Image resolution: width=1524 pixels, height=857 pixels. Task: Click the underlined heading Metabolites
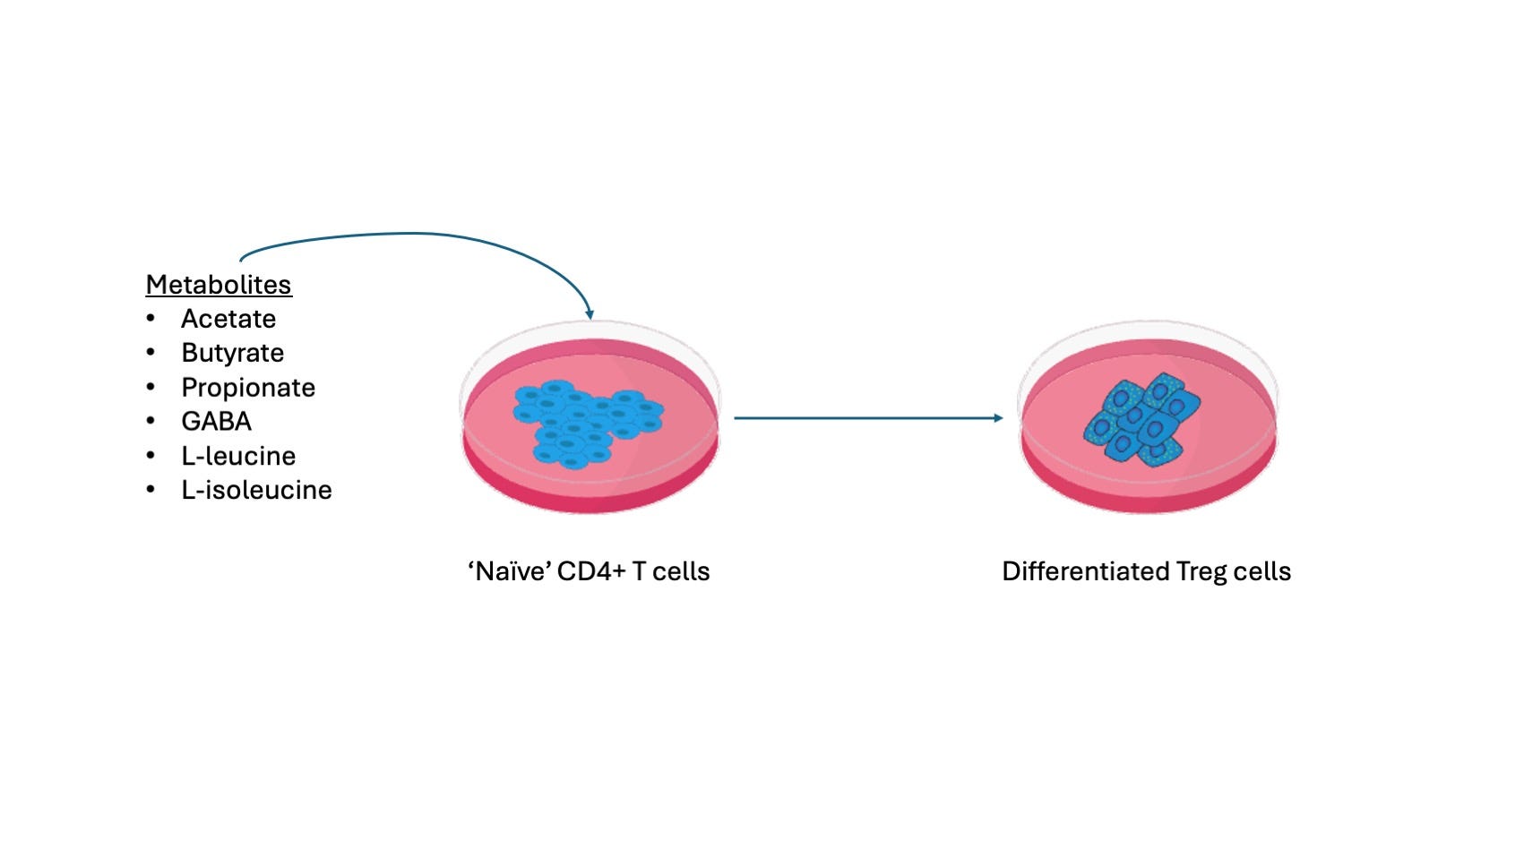click(219, 285)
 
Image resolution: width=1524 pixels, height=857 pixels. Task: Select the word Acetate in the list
click(228, 319)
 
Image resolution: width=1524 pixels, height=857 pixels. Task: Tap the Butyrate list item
click(232, 353)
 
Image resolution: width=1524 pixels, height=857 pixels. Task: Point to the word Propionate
click(248, 388)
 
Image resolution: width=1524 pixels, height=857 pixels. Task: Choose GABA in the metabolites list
click(216, 422)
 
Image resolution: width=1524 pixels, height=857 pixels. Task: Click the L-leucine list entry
click(238, 456)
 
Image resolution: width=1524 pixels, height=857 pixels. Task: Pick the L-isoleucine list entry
click(256, 490)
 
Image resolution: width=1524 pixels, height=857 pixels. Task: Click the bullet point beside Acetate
click(151, 319)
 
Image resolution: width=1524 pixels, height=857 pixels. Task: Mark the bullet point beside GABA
click(151, 422)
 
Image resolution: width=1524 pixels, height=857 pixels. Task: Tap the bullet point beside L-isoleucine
click(151, 490)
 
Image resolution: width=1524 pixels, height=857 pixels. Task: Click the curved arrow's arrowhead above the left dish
click(590, 313)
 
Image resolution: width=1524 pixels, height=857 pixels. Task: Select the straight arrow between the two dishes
click(867, 418)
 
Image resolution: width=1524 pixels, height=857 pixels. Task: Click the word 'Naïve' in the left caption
click(508, 571)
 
